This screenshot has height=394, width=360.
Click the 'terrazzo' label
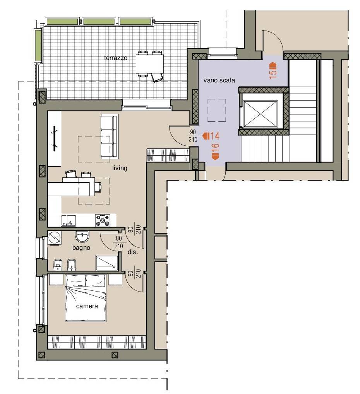pos(116,58)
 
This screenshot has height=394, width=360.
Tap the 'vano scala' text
pos(219,80)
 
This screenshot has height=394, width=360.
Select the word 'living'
pos(120,168)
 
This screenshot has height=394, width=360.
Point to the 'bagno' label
pos(81,248)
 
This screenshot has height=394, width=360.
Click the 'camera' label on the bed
pos(87,306)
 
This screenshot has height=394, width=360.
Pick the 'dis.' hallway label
pos(132,252)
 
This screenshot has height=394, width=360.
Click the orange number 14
pos(214,136)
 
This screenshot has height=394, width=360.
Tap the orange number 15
pos(273,74)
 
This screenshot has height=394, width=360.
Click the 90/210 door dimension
pos(193,136)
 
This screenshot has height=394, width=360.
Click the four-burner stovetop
pos(103,220)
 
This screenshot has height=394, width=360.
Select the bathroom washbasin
pos(82,237)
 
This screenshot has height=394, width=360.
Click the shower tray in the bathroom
pos(107,263)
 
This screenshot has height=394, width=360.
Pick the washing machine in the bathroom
pos(55,237)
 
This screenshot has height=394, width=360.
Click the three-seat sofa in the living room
pos(110,136)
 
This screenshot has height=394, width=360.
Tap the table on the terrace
pos(150,63)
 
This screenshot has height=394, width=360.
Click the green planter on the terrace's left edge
pos(38,45)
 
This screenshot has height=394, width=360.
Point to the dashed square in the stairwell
pos(217,110)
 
